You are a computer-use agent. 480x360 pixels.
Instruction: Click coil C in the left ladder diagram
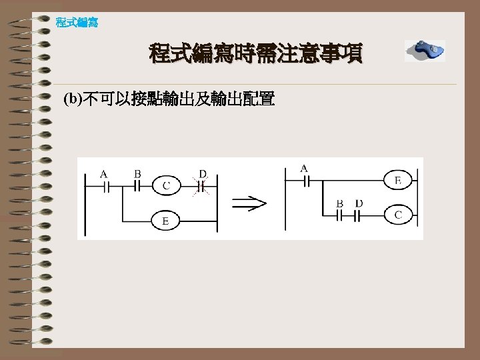pyautogui.click(x=166, y=185)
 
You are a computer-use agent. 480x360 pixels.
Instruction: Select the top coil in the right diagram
pyautogui.click(x=398, y=180)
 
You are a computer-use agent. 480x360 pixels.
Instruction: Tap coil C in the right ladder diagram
pyautogui.click(x=398, y=215)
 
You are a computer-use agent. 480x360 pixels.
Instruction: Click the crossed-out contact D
pyautogui.click(x=201, y=186)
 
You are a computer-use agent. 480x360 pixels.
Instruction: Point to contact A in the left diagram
pyautogui.click(x=105, y=186)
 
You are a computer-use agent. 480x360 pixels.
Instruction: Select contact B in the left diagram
pyautogui.click(x=139, y=186)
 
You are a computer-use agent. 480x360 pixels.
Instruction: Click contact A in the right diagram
pyautogui.click(x=305, y=180)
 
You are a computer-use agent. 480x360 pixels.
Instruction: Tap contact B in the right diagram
pyautogui.click(x=341, y=215)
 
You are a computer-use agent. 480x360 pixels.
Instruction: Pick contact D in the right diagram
pyautogui.click(x=359, y=215)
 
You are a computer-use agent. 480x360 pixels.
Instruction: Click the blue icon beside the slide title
pyautogui.click(x=425, y=51)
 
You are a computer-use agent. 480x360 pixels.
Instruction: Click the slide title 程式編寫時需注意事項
pyautogui.click(x=256, y=53)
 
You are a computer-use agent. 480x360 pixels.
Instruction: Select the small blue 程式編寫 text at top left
pyautogui.click(x=77, y=23)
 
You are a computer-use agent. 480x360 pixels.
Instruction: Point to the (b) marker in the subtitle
pyautogui.click(x=71, y=101)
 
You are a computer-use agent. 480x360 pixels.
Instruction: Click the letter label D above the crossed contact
pyautogui.click(x=203, y=174)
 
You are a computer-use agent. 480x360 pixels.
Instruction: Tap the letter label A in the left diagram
pyautogui.click(x=104, y=174)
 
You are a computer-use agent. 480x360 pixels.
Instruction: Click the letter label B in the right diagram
pyautogui.click(x=340, y=203)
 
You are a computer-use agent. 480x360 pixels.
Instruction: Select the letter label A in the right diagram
pyautogui.click(x=304, y=168)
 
